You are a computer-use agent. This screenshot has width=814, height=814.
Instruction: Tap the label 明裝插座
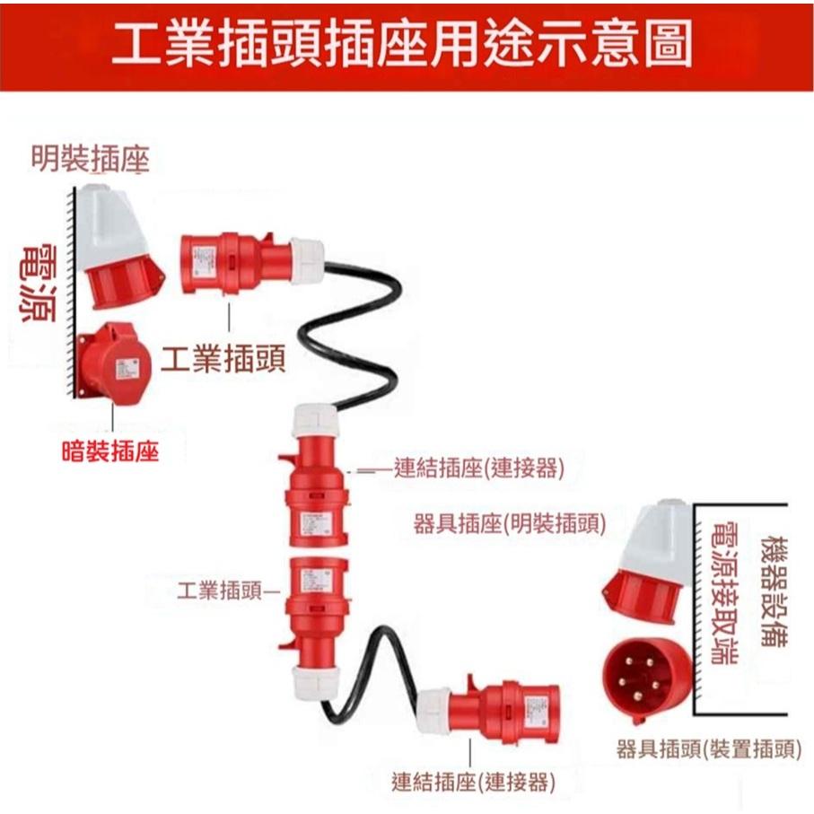tap(90, 159)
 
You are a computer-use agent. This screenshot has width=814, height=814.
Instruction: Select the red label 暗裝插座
tap(109, 451)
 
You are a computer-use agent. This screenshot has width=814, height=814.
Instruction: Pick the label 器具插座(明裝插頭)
tap(509, 523)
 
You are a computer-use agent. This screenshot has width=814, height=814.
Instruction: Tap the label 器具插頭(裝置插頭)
tap(708, 748)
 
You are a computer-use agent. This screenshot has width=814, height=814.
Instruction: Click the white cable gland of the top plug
tap(305, 261)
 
